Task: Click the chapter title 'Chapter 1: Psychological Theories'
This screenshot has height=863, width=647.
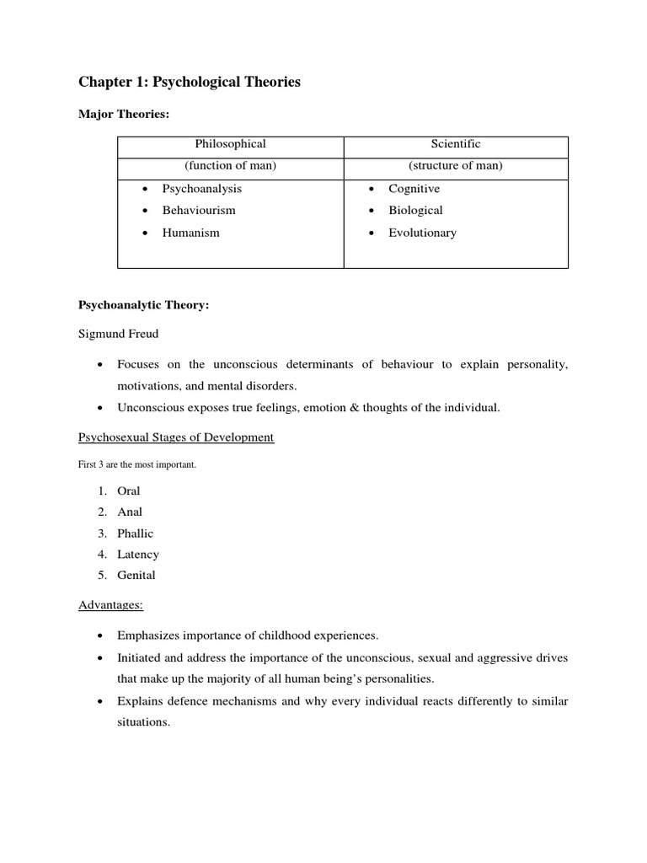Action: click(189, 82)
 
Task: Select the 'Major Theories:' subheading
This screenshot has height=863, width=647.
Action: click(124, 114)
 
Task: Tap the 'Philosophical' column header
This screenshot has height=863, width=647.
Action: click(230, 144)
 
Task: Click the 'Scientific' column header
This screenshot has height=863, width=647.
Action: click(455, 144)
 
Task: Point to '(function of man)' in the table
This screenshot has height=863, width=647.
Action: click(230, 165)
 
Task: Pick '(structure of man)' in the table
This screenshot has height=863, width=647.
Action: click(455, 165)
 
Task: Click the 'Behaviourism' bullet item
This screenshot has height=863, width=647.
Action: click(199, 210)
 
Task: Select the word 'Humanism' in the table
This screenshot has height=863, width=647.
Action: click(190, 233)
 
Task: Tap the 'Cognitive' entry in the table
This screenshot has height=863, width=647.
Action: click(414, 189)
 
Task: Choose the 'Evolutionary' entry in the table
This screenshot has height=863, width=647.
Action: click(422, 233)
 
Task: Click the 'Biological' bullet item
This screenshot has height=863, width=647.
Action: click(415, 210)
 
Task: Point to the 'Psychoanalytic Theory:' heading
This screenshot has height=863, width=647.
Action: click(143, 305)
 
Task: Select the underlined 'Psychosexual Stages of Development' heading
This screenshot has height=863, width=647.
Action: click(176, 437)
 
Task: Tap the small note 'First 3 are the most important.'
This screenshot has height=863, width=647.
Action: click(136, 464)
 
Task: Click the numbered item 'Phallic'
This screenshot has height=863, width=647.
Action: click(136, 533)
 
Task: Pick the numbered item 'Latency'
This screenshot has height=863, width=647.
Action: click(138, 555)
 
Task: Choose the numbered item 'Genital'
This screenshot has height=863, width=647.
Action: click(136, 576)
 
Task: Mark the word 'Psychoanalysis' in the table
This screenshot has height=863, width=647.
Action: click(202, 189)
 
